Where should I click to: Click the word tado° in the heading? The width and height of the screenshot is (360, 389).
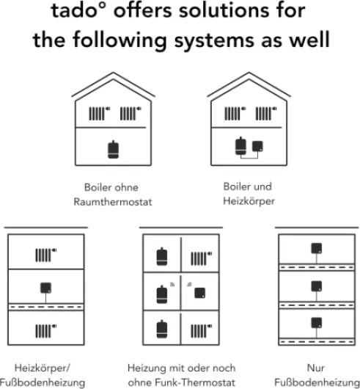click(x=78, y=11)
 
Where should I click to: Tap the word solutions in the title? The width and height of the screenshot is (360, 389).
click(x=224, y=10)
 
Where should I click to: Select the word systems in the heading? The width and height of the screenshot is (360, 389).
click(x=214, y=40)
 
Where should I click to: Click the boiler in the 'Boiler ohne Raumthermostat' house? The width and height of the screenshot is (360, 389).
click(x=113, y=150)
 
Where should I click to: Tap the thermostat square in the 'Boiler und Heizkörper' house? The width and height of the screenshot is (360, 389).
click(x=257, y=146)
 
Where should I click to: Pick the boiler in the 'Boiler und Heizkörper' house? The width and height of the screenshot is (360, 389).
click(x=240, y=146)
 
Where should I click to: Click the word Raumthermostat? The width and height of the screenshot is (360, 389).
click(x=113, y=202)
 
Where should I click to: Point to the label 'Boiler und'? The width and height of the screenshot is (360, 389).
click(x=247, y=186)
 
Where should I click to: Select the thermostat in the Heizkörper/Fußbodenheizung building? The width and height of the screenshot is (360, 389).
click(x=46, y=288)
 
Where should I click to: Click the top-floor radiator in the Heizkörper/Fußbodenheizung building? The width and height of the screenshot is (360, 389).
click(x=46, y=255)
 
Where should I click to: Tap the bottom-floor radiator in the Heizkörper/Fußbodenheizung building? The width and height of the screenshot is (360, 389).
click(x=46, y=331)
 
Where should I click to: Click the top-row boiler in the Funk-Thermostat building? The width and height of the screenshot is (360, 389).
click(x=162, y=257)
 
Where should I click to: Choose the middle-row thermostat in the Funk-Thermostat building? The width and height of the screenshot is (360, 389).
click(x=199, y=293)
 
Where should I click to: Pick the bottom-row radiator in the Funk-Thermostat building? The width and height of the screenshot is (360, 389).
click(x=201, y=331)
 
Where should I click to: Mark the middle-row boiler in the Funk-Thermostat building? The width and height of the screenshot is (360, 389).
click(x=162, y=294)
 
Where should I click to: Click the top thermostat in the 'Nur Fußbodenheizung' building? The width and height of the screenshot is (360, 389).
click(x=317, y=248)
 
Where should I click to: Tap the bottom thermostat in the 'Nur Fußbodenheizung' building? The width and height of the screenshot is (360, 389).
click(x=317, y=323)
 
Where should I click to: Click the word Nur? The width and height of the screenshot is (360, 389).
click(x=316, y=368)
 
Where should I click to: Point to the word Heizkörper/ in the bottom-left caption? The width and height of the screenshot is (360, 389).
click(x=43, y=368)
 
